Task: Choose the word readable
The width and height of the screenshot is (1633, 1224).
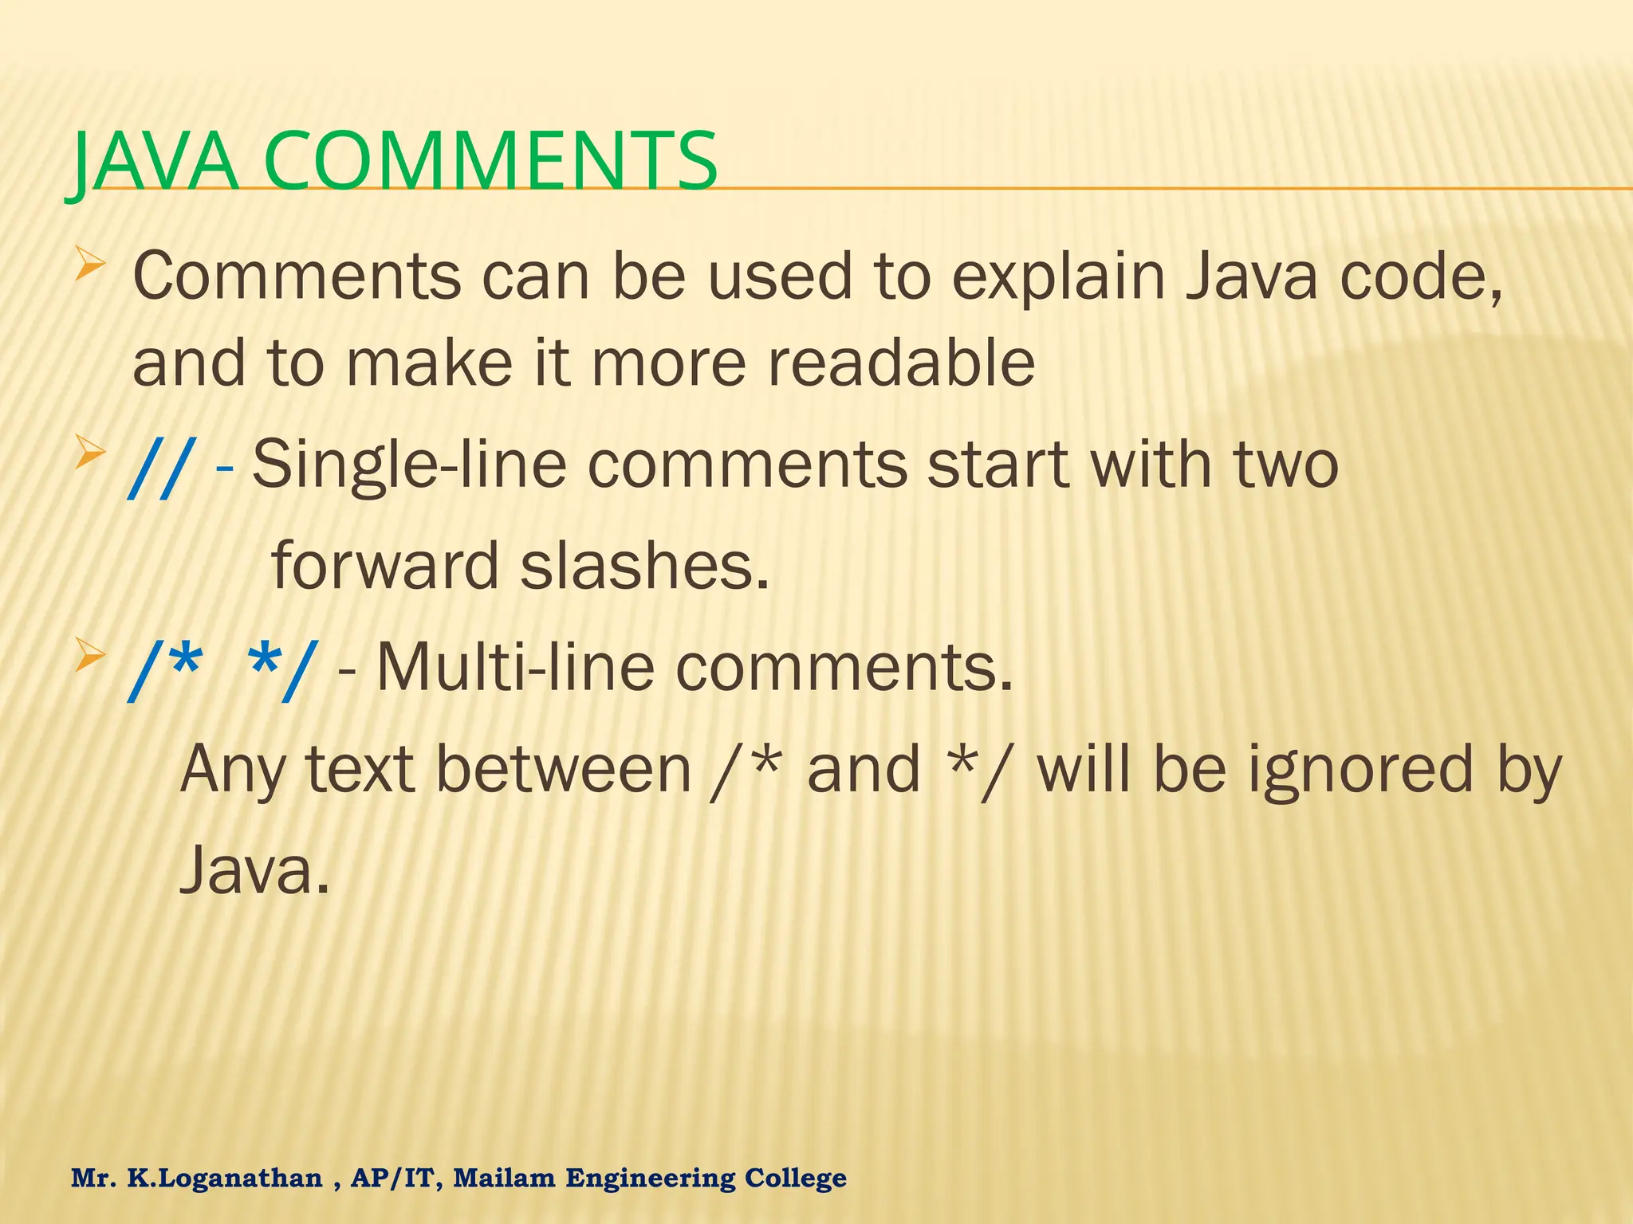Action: point(901,363)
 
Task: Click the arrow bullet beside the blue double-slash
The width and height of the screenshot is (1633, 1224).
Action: point(91,457)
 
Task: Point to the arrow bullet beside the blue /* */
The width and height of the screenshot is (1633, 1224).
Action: point(91,658)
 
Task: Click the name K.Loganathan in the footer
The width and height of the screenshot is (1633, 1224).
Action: point(225,1178)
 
